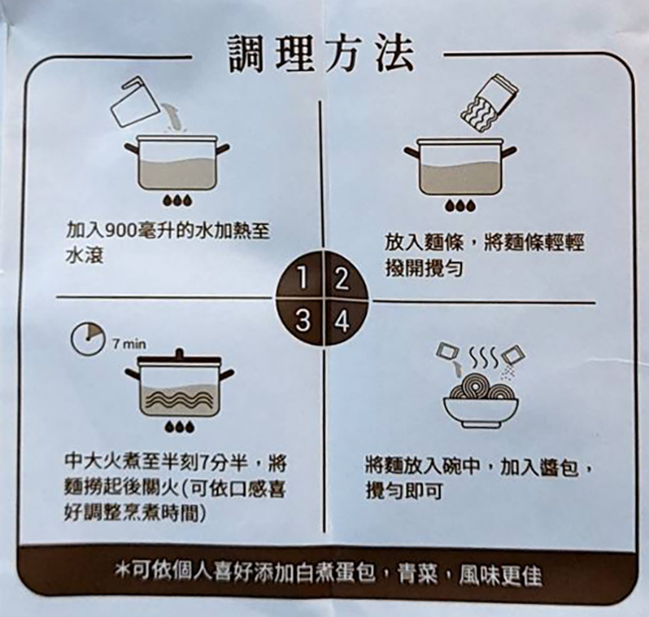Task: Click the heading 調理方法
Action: (x=322, y=55)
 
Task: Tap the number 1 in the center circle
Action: (x=304, y=278)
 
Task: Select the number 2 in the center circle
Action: (x=341, y=278)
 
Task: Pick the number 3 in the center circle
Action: (x=304, y=321)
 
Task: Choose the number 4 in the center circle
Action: (x=342, y=321)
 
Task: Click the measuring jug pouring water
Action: (x=134, y=102)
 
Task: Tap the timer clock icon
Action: (x=87, y=338)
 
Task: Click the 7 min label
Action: (x=129, y=344)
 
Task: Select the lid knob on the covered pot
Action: (x=179, y=353)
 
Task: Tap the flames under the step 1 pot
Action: (x=178, y=200)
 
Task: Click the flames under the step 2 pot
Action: (x=460, y=206)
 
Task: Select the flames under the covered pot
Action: (x=179, y=427)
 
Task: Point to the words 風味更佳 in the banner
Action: (x=499, y=575)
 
